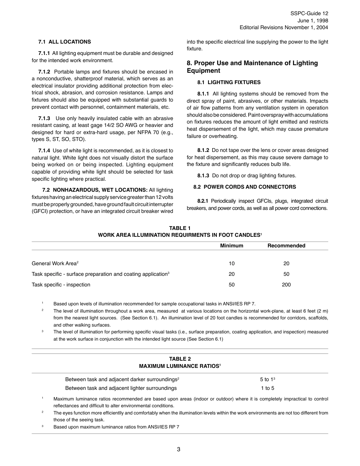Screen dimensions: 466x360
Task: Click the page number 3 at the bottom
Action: tap(178, 450)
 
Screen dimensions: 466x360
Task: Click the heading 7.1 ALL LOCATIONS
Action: tap(64, 42)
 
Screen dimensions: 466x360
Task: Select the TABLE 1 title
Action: tap(180, 228)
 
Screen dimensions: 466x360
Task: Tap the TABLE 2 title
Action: tap(180, 359)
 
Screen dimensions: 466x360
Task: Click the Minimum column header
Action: tap(232, 246)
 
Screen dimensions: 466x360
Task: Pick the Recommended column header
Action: tap(286, 246)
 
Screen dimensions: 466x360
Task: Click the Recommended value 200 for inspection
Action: tap(286, 285)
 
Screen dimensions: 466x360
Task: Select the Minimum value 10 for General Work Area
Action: tap(232, 263)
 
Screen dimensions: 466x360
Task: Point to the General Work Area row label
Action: tap(54, 263)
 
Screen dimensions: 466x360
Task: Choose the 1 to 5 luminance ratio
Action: tap(267, 388)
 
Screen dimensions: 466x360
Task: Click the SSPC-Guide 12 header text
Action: tap(309, 13)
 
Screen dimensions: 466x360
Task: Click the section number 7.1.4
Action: tap(44, 150)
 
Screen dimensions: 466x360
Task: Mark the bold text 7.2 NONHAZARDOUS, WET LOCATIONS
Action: tap(95, 190)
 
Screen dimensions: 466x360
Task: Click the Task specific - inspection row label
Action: tap(61, 285)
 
